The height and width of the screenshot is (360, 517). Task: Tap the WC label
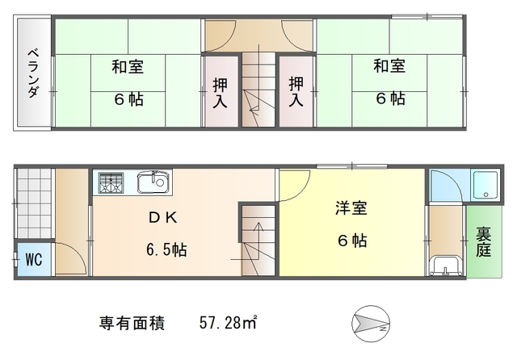(33, 260)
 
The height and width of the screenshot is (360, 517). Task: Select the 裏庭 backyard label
(483, 242)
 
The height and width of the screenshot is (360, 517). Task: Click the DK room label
(159, 218)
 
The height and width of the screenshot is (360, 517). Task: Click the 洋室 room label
(351, 208)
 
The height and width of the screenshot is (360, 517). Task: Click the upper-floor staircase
(258, 89)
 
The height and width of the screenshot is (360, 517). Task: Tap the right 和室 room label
(389, 68)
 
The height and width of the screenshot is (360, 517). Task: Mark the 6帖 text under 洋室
(352, 241)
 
